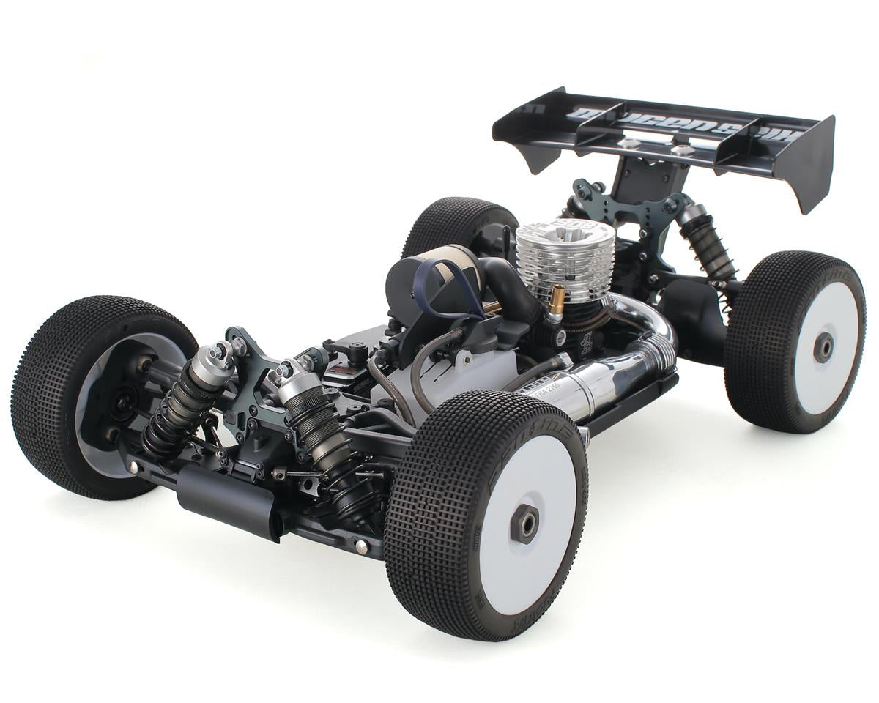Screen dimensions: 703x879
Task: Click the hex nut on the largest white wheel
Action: point(524,524)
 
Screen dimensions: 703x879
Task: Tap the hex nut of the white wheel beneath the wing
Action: point(823,347)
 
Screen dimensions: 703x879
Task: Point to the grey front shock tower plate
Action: point(256,373)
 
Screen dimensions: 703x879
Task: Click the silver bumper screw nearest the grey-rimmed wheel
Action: point(133,464)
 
